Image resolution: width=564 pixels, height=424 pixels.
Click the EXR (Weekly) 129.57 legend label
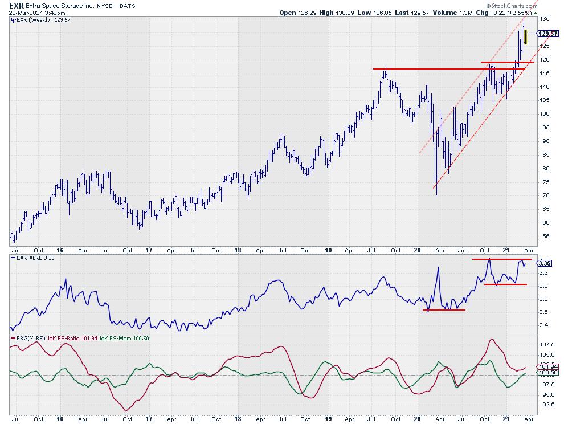tap(35, 19)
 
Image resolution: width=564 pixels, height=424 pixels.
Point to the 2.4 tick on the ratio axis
tap(543, 325)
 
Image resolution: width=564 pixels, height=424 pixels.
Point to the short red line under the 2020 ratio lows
tap(444, 310)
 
